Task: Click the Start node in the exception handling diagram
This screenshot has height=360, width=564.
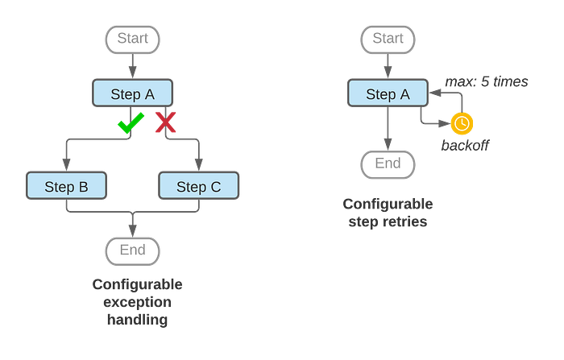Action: (x=132, y=39)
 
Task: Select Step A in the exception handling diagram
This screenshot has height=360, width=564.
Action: (x=132, y=93)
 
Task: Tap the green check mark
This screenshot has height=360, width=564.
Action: (x=131, y=122)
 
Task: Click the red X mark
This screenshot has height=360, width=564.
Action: (x=165, y=122)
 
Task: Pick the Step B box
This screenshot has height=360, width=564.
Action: (x=66, y=185)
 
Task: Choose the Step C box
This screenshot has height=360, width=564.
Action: (x=198, y=185)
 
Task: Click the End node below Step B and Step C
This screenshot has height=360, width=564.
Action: (x=132, y=251)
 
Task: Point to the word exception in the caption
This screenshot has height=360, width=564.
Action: (x=137, y=302)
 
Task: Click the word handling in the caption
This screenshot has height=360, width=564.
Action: (x=137, y=320)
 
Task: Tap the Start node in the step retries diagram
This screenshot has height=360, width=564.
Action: (x=388, y=39)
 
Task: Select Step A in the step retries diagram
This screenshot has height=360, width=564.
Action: (x=388, y=93)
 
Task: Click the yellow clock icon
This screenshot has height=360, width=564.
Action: (x=462, y=123)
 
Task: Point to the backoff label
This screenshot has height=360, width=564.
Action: (x=465, y=145)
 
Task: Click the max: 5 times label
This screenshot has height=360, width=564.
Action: (x=487, y=81)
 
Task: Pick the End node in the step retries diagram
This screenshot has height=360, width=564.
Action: (x=388, y=165)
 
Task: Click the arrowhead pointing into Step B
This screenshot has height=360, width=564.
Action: (x=66, y=165)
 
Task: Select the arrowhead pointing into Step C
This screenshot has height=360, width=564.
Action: (x=198, y=165)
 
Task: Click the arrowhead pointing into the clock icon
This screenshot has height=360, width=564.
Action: (x=445, y=123)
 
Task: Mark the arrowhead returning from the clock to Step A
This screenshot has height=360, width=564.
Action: (x=435, y=93)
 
